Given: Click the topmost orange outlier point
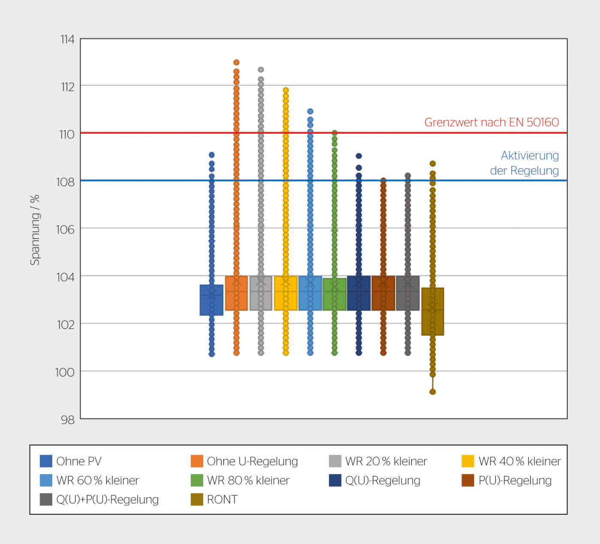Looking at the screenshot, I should point(236,63).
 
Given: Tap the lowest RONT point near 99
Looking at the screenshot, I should point(432,392).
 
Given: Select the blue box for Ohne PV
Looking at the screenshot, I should point(211,300).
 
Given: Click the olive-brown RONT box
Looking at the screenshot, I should point(432,311).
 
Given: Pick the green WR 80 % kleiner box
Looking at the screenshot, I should point(334,294).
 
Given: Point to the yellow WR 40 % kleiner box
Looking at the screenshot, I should point(285,293).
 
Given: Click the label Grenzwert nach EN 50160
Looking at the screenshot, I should point(491,122).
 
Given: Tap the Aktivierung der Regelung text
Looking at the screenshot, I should point(525,163).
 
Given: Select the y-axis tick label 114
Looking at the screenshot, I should point(67,39).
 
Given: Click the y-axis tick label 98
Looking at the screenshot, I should point(67,420).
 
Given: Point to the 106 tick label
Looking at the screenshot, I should point(65,230).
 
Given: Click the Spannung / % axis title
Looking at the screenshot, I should point(35,230).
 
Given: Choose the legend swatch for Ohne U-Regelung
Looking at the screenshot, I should point(197,461).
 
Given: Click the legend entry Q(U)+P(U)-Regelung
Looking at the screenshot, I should point(107,499).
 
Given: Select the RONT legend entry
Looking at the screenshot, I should point(222,499).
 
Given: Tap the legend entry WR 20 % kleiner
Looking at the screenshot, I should point(386,461).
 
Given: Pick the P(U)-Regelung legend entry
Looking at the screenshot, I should point(514,480).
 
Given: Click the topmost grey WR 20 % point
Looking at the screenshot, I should point(261,70).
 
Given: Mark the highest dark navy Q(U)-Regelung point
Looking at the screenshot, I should point(359,156).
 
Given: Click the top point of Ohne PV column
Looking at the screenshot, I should point(212,155).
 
